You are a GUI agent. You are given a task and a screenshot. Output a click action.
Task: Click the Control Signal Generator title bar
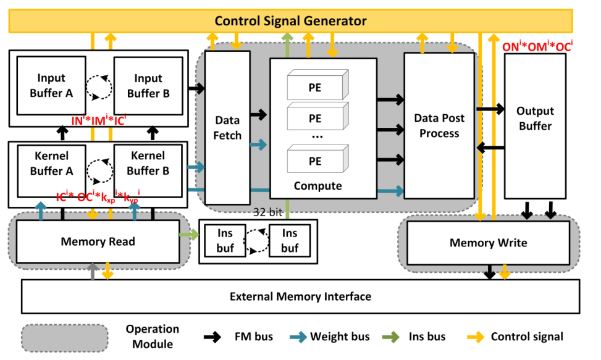290,21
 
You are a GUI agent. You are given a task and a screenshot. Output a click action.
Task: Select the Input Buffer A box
51,86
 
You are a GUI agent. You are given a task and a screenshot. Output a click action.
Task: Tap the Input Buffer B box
148,86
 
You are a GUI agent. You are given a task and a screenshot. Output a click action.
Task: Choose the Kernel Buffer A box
51,163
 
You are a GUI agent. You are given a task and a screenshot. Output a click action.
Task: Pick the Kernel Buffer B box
148,163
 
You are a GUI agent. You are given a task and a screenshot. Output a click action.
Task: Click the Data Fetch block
227,127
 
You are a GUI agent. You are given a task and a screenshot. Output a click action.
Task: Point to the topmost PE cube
315,88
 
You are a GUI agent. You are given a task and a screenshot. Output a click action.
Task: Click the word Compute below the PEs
317,185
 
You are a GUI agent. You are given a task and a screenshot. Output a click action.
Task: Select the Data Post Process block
439,125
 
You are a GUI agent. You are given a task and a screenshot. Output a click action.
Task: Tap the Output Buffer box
535,118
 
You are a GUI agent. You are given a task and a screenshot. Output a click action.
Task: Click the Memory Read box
98,241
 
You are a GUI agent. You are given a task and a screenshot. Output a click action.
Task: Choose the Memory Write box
488,243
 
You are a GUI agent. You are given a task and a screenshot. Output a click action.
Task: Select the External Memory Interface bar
300,296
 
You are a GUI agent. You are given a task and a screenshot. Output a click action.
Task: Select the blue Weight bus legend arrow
298,337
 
